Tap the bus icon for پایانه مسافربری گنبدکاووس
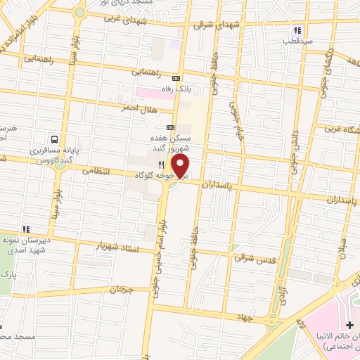pyautogui.click(x=54, y=139)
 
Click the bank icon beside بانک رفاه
pyautogui.click(x=176, y=79)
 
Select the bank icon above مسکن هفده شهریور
pyautogui.click(x=170, y=128)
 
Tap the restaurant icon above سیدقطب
pyautogui.click(x=297, y=31)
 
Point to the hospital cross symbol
pyautogui.click(x=349, y=325)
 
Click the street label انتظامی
pyautogui.click(x=93, y=170)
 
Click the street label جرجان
pyautogui.click(x=122, y=289)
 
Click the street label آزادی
pyautogui.click(x=283, y=284)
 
